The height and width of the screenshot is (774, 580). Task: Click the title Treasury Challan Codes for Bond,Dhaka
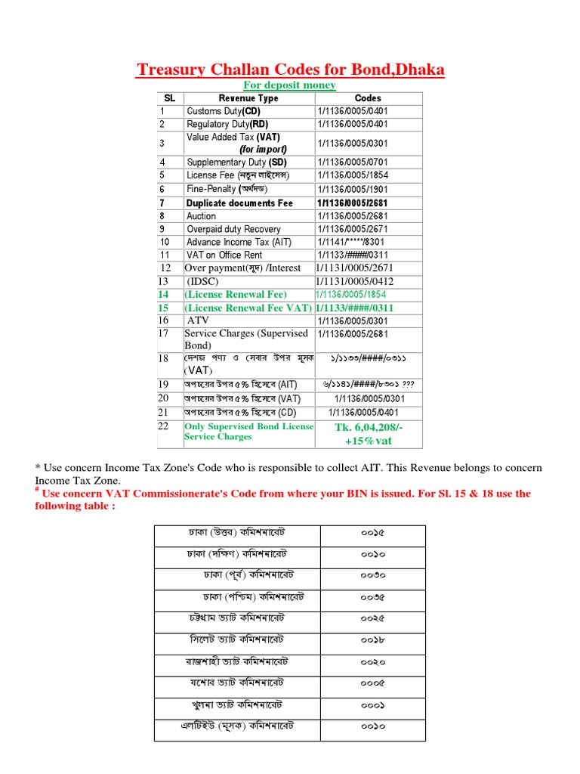(290, 70)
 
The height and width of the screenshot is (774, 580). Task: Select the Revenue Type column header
(248, 98)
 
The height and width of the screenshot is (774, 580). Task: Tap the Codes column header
(368, 98)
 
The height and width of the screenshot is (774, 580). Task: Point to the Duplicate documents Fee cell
(239, 203)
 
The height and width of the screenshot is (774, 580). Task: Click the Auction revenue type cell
(201, 216)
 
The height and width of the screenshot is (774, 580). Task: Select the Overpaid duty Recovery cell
(233, 229)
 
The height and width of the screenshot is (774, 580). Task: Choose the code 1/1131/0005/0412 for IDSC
(354, 281)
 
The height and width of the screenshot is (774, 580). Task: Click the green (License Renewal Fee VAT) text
(246, 308)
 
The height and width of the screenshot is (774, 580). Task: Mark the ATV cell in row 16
(198, 320)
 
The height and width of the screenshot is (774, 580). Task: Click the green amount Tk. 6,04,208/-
(368, 429)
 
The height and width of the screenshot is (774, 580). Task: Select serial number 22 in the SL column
(164, 426)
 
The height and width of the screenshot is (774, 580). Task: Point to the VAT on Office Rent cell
(224, 255)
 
